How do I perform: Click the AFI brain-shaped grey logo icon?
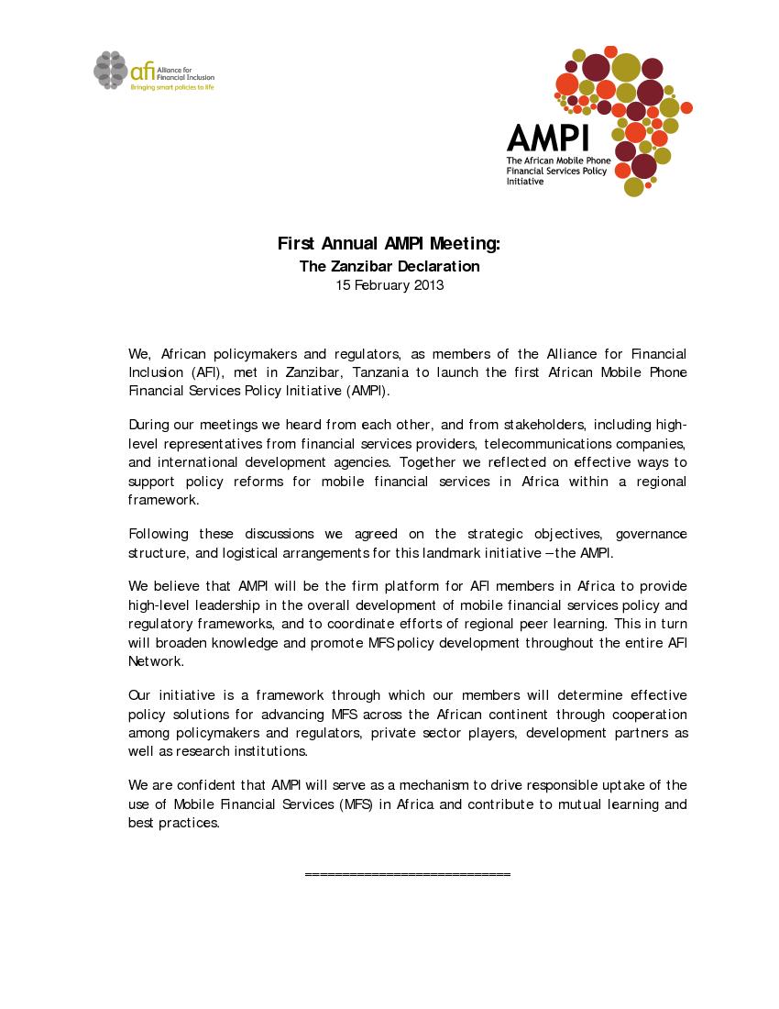[x=109, y=70]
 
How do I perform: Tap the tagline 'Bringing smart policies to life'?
[x=171, y=87]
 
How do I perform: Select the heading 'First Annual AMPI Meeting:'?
[x=389, y=244]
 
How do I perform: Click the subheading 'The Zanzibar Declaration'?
[x=389, y=267]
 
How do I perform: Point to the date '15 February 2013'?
[x=389, y=285]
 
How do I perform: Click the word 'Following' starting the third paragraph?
[x=159, y=534]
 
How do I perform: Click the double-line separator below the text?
[x=407, y=875]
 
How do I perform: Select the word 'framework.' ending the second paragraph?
[x=163, y=501]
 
